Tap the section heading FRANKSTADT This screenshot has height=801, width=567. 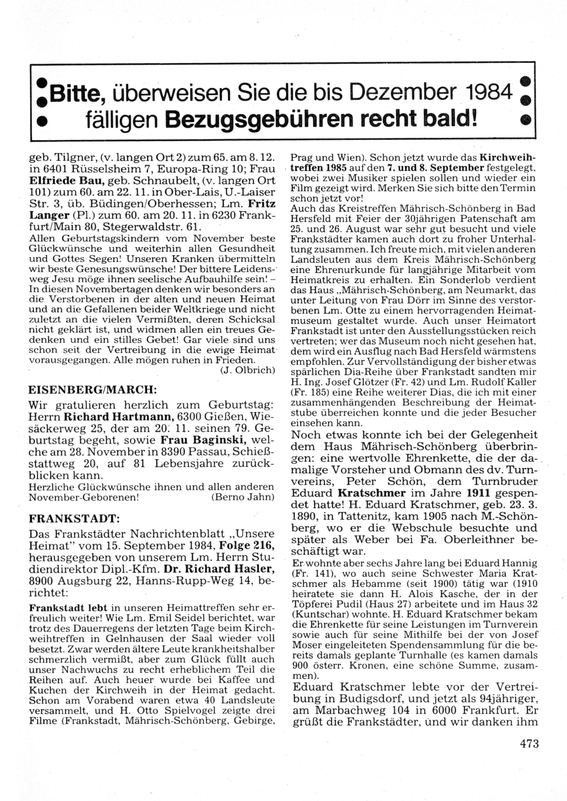click(x=74, y=518)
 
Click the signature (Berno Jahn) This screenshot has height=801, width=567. click(x=242, y=497)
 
